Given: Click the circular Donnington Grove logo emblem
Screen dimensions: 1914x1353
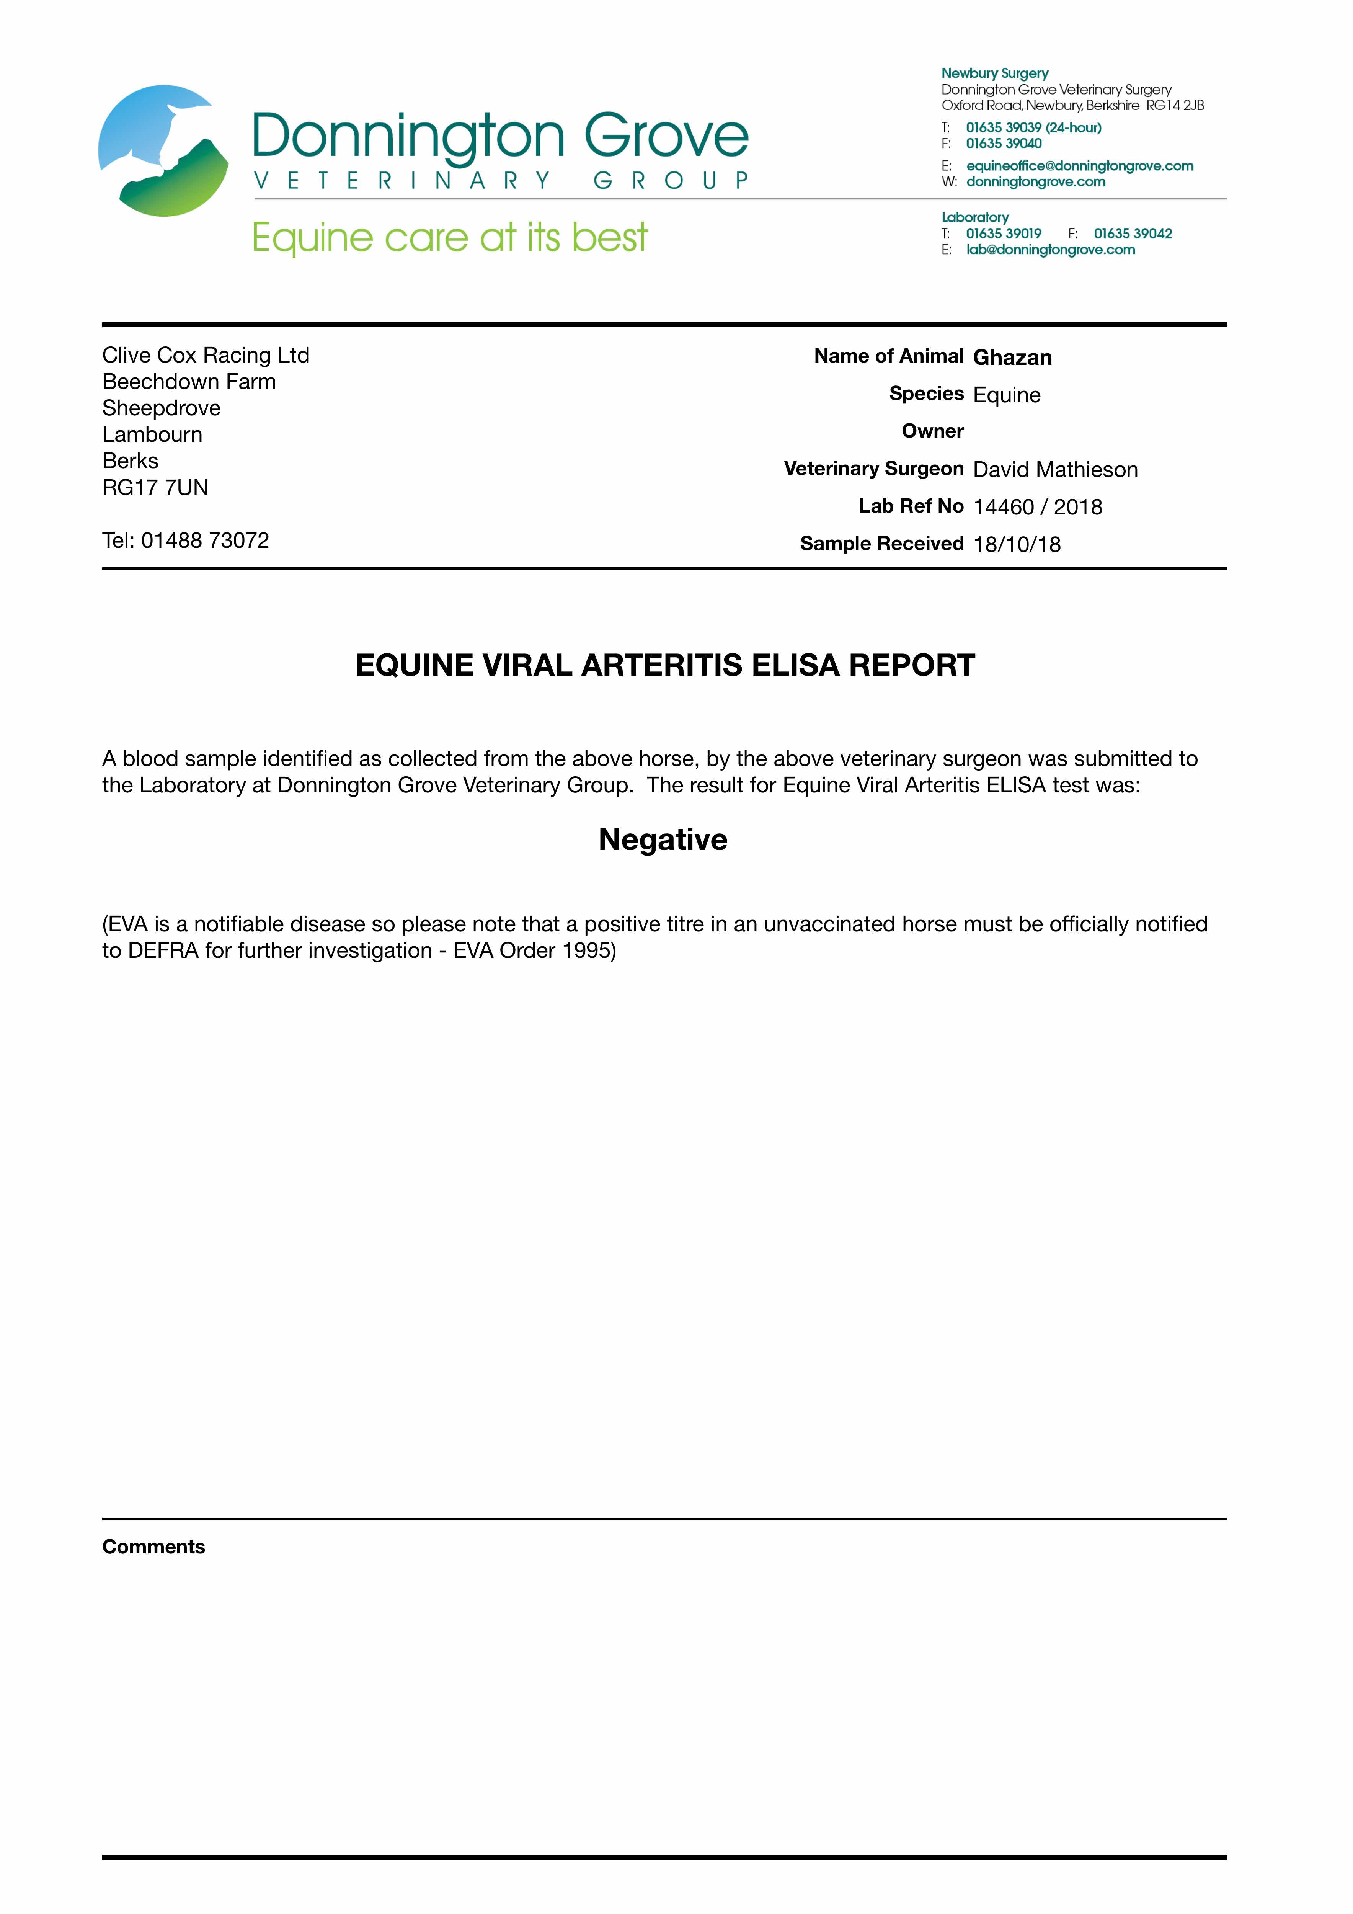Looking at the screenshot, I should (163, 151).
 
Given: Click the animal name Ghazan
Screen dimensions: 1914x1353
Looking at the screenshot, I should (1012, 358).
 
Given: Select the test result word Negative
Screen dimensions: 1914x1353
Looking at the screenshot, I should (663, 839).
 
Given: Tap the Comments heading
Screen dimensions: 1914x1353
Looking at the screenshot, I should (153, 1547).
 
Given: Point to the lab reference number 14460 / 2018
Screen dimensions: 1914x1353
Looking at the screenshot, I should (1037, 507).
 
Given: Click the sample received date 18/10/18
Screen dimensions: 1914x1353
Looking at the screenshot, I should (1016, 544).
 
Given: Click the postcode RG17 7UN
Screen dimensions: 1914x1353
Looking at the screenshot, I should (155, 488).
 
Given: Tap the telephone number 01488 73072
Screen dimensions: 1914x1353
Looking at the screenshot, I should (205, 540).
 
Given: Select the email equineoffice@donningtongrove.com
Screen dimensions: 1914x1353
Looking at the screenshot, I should (1080, 166).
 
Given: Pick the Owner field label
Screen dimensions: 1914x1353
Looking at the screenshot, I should (932, 431).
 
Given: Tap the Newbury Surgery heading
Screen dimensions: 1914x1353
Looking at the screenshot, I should (994, 73).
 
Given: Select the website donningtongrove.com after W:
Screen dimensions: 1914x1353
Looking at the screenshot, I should (1035, 182).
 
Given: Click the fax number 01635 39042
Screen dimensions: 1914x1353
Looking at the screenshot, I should (1133, 234).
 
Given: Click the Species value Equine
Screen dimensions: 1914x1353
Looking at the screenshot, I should (1006, 395).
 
